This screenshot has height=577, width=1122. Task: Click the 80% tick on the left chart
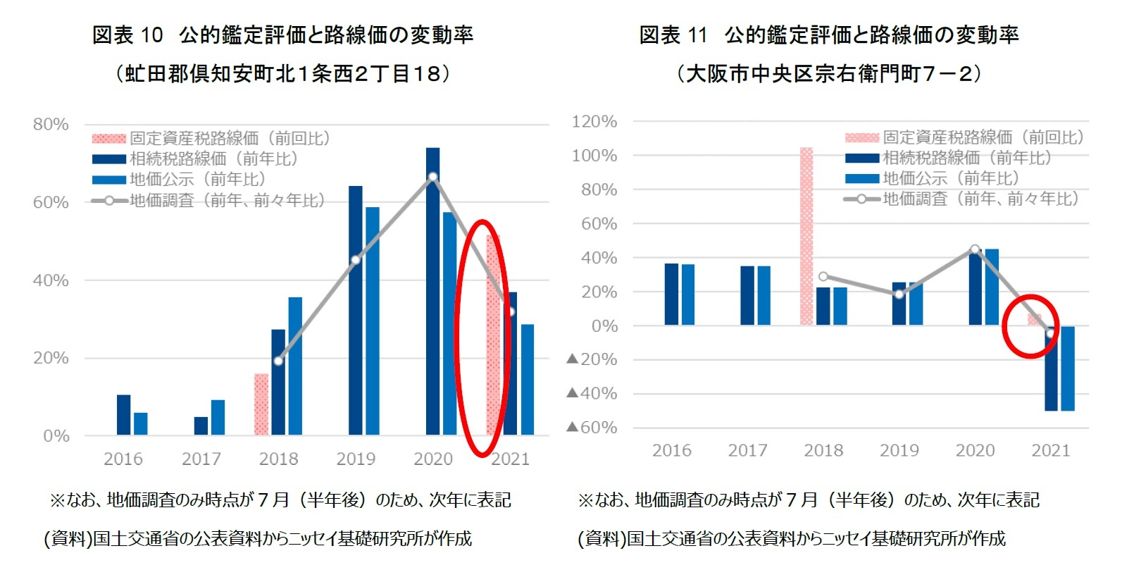pyautogui.click(x=51, y=125)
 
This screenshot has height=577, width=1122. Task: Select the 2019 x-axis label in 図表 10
pyautogui.click(x=356, y=459)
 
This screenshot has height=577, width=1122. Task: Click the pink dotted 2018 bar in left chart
pyautogui.click(x=261, y=404)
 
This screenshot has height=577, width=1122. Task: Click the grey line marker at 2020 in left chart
pyautogui.click(x=432, y=177)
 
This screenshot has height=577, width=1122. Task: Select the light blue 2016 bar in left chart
pyautogui.click(x=141, y=423)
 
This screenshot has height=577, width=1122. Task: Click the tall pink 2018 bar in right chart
pyautogui.click(x=806, y=236)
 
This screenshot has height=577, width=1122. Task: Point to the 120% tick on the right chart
pyautogui.click(x=594, y=122)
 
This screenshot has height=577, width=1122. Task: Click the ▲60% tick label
pyautogui.click(x=592, y=428)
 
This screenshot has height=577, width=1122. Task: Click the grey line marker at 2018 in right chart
pyautogui.click(x=823, y=276)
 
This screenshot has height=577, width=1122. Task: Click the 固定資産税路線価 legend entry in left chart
pyautogui.click(x=211, y=139)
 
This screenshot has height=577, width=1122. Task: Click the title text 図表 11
pyautogui.click(x=673, y=35)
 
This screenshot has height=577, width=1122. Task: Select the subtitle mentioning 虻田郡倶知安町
pyautogui.click(x=282, y=73)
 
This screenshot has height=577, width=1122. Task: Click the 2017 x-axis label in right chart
pyautogui.click(x=747, y=451)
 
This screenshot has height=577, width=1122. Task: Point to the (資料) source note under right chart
pyautogui.click(x=791, y=539)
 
